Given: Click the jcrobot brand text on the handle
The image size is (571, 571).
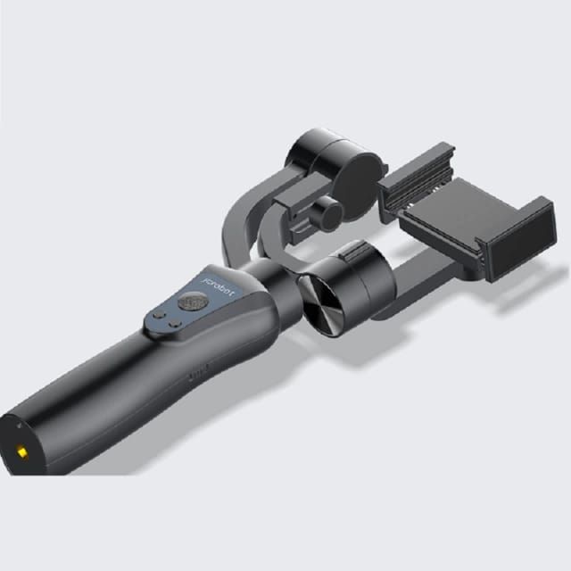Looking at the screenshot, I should [218, 278].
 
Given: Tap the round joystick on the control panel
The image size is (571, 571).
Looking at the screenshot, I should [189, 303].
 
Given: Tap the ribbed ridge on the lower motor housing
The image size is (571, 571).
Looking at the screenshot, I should [353, 251].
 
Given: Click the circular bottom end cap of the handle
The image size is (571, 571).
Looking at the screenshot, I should [22, 442].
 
